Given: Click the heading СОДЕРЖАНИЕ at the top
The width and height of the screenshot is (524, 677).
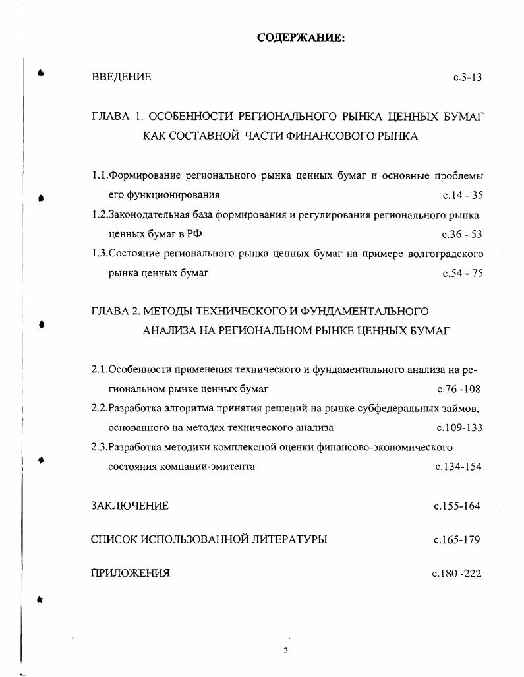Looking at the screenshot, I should (x=301, y=38).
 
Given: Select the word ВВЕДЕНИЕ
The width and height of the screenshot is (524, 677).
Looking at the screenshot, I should (x=121, y=77).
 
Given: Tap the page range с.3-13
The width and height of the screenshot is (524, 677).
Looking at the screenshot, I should (x=468, y=77).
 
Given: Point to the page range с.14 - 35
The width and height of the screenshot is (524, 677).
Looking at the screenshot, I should (x=463, y=195).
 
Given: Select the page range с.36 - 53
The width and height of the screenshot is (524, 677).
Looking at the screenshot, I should (x=463, y=234).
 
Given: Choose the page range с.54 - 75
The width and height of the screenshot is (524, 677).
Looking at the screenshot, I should (x=463, y=273).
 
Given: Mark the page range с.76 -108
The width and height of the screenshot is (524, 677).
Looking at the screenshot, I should (x=459, y=389).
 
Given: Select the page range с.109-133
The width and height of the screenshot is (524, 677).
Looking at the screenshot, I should (x=459, y=427).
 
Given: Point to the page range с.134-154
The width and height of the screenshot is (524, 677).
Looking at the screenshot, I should (x=458, y=467).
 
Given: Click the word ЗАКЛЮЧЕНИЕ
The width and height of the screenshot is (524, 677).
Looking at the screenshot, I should (x=130, y=506).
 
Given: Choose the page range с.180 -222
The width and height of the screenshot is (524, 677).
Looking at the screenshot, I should (x=457, y=573).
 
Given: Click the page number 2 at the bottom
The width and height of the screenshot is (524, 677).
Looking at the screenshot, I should (x=286, y=651).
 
